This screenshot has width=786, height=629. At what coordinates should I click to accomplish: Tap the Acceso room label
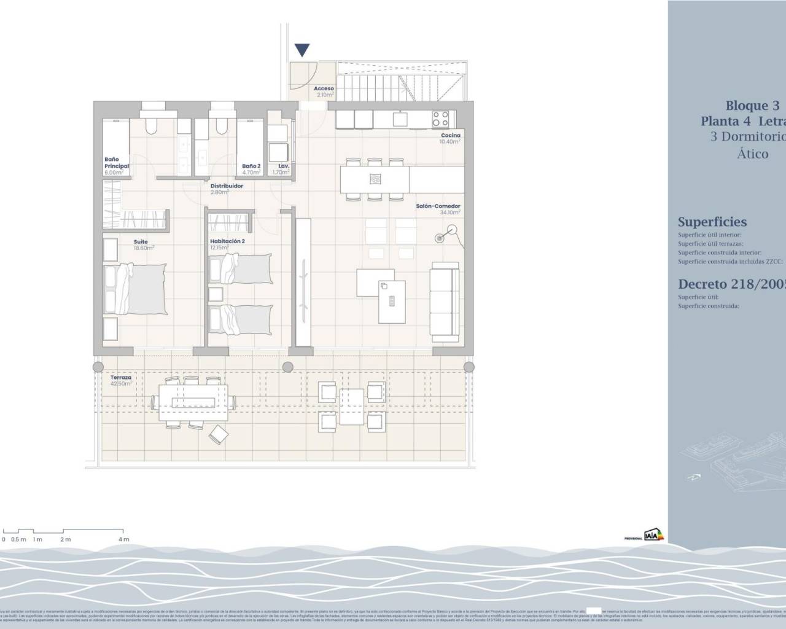pos(324,89)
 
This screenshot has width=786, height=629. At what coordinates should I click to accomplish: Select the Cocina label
pos(450,135)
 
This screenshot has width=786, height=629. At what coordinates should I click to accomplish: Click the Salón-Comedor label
pos(438,206)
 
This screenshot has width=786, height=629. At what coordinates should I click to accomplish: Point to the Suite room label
pos(141,242)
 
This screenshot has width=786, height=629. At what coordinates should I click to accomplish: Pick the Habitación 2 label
pos(227,241)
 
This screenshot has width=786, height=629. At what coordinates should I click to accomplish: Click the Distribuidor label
pos(227,186)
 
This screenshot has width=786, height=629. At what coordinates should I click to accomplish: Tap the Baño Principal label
pos(116,163)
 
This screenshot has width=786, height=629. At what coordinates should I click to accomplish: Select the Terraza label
pos(121,377)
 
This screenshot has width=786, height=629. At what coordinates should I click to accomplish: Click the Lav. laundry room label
pos(284,166)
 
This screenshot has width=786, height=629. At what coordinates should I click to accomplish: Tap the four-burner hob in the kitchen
pos(440,118)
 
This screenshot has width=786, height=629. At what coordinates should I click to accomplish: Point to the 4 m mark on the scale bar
pos(123,539)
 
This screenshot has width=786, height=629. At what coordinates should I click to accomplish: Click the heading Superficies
pos(712,222)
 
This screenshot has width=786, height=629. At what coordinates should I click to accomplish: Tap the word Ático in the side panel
pos(752,154)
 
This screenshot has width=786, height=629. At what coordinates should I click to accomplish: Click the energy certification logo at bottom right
pos(653,535)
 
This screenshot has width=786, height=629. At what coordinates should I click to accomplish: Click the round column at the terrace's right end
pos(469,367)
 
